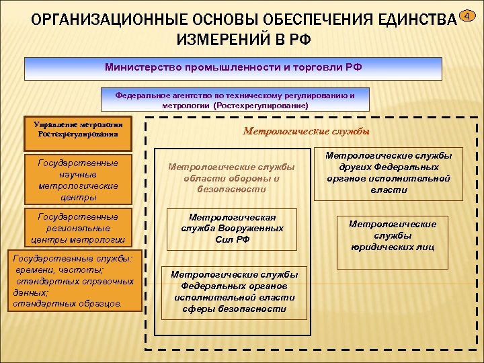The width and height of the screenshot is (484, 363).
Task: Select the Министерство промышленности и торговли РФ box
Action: click(x=233, y=69)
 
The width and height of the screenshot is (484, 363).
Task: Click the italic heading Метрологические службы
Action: click(x=306, y=131)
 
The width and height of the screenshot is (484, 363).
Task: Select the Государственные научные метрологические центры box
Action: click(x=78, y=180)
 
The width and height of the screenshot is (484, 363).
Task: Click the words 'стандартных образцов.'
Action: click(x=68, y=304)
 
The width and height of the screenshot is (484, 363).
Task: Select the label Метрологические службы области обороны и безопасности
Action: click(x=231, y=177)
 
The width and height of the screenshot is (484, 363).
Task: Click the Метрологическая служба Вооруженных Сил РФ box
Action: click(x=232, y=229)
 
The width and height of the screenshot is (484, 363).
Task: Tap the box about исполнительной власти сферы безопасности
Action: click(x=234, y=292)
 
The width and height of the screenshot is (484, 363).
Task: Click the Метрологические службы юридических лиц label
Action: click(x=392, y=235)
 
